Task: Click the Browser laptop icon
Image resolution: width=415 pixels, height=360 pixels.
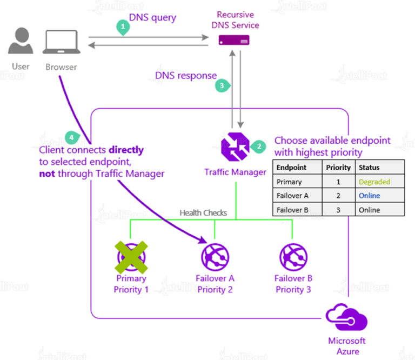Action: (61, 43)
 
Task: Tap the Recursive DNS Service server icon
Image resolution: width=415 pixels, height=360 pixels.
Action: (234, 40)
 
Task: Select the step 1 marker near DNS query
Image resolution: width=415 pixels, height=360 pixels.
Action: (124, 26)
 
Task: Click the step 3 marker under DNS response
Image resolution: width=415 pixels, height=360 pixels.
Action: (222, 85)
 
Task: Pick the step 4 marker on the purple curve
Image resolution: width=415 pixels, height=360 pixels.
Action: (71, 137)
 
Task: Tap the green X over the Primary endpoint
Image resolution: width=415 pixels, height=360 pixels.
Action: (131, 256)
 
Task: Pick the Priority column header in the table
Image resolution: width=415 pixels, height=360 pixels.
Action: (338, 167)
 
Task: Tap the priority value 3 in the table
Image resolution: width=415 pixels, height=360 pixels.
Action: (338, 210)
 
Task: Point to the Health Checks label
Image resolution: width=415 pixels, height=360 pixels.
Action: (203, 212)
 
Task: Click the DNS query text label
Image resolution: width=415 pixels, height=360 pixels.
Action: (152, 17)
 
